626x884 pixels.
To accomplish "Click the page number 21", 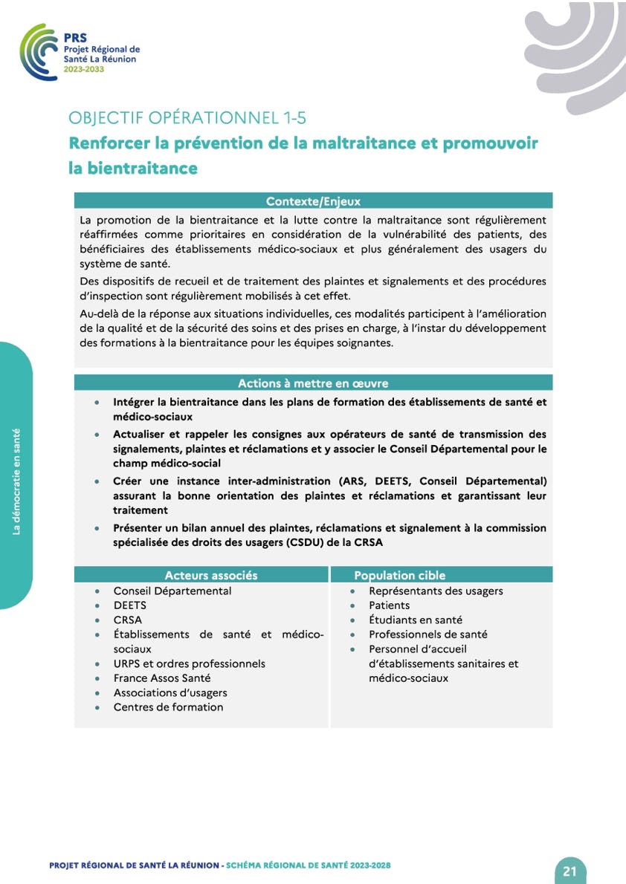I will (x=570, y=871).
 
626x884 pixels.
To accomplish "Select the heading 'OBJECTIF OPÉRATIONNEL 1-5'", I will (x=187, y=117).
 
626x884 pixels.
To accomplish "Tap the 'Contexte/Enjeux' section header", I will (x=313, y=201).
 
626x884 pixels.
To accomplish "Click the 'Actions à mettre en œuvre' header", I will (x=313, y=383).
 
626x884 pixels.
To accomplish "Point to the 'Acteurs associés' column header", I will (x=211, y=575).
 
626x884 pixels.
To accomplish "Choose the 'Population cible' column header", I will (x=400, y=575).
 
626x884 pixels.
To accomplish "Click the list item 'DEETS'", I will (x=130, y=605).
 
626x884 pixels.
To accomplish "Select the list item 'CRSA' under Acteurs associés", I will (x=127, y=620).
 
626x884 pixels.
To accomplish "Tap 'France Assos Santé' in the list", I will (x=162, y=677).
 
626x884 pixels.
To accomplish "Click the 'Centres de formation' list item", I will (x=168, y=706).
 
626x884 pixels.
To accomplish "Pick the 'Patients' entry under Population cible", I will (x=389, y=605).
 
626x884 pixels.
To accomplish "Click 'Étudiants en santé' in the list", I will (x=415, y=620).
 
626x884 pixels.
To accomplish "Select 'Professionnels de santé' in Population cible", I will (x=427, y=634).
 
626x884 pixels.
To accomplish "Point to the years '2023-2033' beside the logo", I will (x=83, y=69).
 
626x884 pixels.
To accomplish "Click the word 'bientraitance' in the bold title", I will (x=133, y=168).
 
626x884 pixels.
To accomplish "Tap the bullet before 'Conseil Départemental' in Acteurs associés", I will (x=98, y=591).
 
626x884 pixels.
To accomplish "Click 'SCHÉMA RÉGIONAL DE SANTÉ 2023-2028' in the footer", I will (x=308, y=865).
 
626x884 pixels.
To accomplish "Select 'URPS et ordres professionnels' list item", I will (x=189, y=663).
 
